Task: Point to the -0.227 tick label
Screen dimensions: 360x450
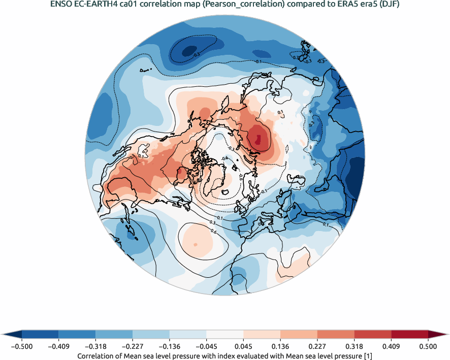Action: tap(133, 346)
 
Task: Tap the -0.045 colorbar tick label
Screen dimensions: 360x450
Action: tap(206, 346)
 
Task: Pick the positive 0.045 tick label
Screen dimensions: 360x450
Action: tap(243, 346)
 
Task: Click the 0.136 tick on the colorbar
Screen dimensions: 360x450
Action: tap(280, 346)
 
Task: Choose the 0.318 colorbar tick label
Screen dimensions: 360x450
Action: tap(354, 346)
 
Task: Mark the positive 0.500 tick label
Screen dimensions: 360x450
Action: tap(428, 346)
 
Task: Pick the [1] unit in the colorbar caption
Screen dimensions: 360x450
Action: tap(369, 356)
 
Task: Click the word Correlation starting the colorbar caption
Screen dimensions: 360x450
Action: tap(98, 356)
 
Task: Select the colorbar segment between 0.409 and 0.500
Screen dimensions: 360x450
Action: tap(409, 334)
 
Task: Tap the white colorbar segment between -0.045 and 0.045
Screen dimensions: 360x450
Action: tap(225, 334)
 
